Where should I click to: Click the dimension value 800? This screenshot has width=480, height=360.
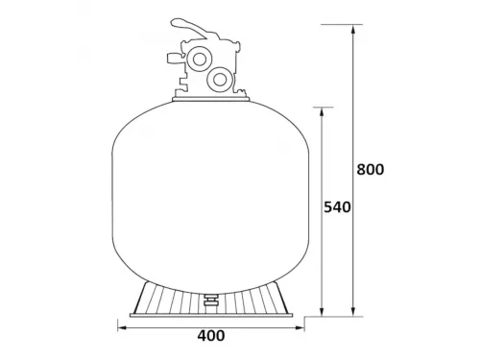pos(370,170)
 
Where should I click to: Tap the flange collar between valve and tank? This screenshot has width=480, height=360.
pos(211,98)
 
